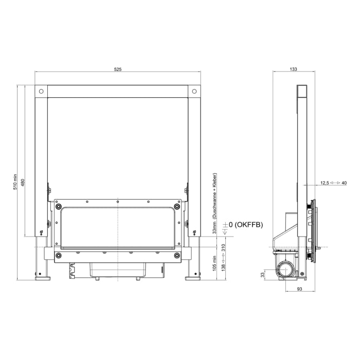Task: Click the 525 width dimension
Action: (118, 69)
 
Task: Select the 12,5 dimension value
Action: (324, 183)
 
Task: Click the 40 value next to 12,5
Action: (344, 183)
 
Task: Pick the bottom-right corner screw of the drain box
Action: (176, 255)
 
